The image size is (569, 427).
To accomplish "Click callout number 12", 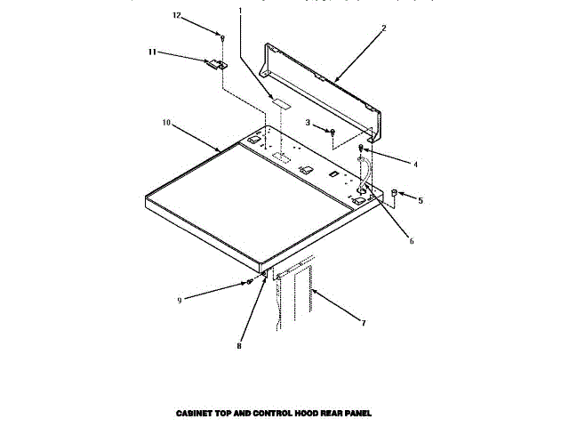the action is tap(176, 15).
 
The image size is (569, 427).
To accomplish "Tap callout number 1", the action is tap(239, 11).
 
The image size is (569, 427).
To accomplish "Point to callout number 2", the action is tap(383, 28).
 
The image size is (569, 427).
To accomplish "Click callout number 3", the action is tap(308, 122).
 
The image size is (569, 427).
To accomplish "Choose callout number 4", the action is tap(414, 163).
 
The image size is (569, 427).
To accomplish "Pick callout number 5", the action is tap(421, 200).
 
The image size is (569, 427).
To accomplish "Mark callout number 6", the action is tap(411, 240).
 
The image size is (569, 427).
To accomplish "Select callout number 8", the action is tap(238, 346).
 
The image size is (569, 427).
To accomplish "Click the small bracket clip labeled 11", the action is tap(214, 64).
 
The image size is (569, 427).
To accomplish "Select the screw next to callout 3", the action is tap(332, 132).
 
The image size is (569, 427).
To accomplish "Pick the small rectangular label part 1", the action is tap(282, 103).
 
